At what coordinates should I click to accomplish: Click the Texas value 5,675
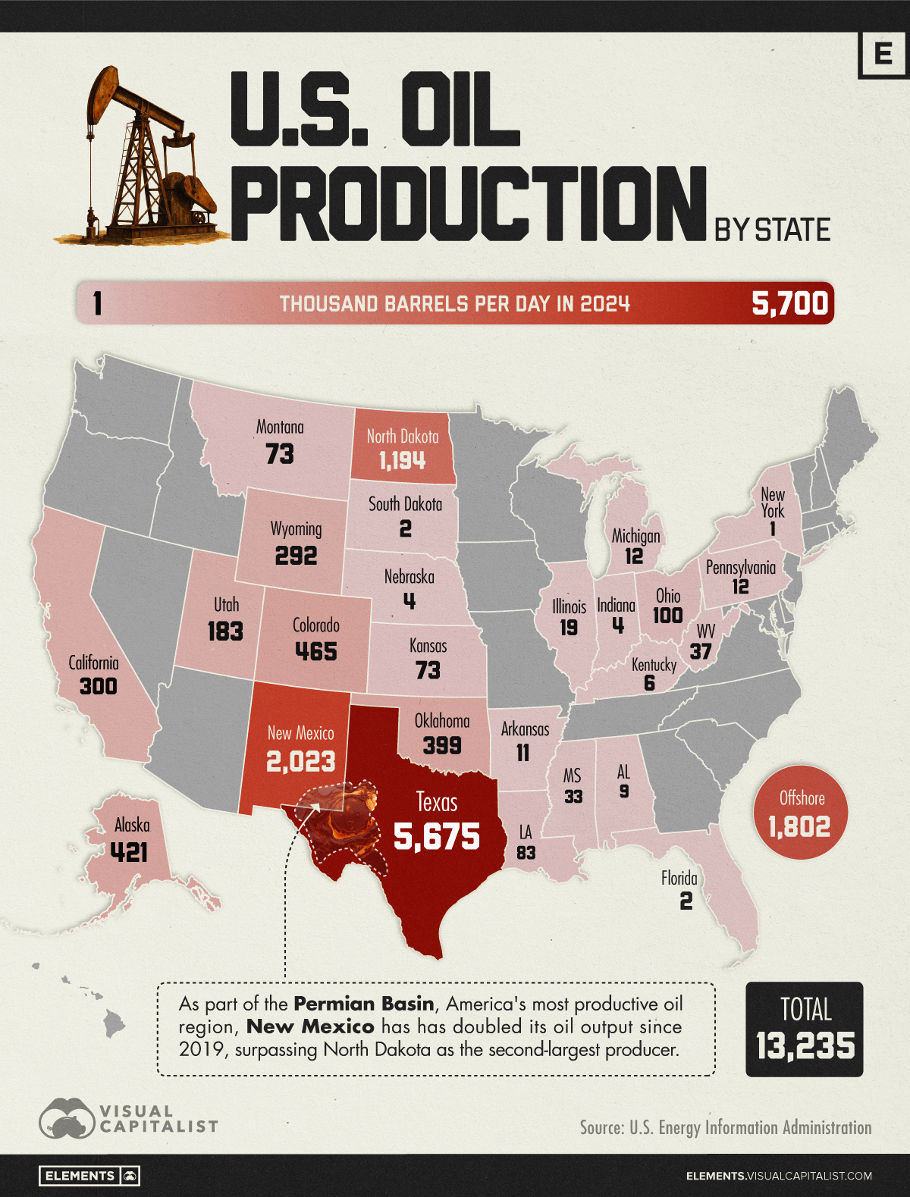tap(437, 836)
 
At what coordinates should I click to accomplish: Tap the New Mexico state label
tap(300, 733)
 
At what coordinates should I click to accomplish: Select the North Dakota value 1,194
tap(402, 461)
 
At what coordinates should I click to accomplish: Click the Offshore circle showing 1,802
tap(800, 813)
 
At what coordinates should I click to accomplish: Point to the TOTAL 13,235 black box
tap(805, 1029)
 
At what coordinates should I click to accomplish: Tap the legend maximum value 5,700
tap(789, 303)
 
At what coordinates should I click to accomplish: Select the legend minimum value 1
tap(97, 304)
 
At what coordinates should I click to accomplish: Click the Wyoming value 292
tap(296, 556)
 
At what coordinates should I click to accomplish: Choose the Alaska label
tap(132, 825)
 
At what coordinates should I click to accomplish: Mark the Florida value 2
tap(686, 901)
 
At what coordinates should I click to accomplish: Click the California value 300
tap(99, 686)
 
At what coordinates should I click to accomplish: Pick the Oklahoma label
tap(442, 721)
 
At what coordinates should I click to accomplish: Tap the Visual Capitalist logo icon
tap(67, 1118)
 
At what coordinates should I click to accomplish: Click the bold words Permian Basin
tap(364, 1004)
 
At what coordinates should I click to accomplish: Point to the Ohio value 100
tap(667, 615)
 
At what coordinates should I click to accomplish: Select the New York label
tap(773, 503)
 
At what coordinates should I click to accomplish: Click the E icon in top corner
tap(883, 55)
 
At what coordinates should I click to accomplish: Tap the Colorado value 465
tap(315, 651)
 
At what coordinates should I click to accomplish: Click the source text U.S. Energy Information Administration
tap(750, 1127)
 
